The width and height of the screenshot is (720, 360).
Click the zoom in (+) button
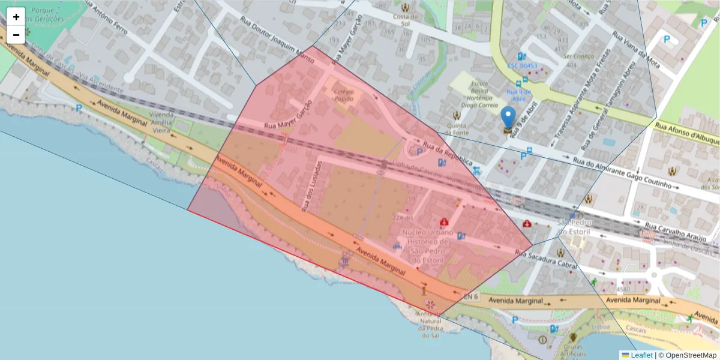pos(16,17)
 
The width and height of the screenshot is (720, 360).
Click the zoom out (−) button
pos(16,35)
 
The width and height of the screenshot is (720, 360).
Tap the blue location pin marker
pos(508,118)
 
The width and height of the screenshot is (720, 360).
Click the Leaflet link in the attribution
pos(641,355)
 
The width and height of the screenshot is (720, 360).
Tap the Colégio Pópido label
pos(343,95)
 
